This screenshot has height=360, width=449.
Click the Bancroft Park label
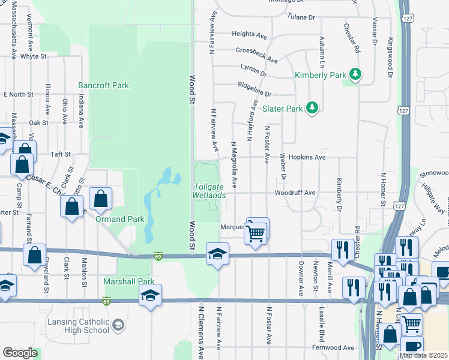[x=103, y=86]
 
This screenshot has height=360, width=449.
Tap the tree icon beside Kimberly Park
[x=357, y=74]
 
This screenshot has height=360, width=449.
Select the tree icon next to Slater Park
[x=312, y=108]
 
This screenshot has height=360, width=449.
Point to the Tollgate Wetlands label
[x=209, y=191]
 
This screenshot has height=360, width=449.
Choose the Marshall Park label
[x=129, y=281]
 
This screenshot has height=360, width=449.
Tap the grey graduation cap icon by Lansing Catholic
[x=119, y=325]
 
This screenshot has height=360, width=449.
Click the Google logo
[x=20, y=353]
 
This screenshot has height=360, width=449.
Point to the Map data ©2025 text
[x=423, y=355]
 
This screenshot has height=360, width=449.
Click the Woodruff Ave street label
[x=295, y=193]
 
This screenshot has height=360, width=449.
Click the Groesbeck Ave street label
[x=256, y=55]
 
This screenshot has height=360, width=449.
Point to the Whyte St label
[x=33, y=56]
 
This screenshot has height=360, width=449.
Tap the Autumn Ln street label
[x=322, y=50]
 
